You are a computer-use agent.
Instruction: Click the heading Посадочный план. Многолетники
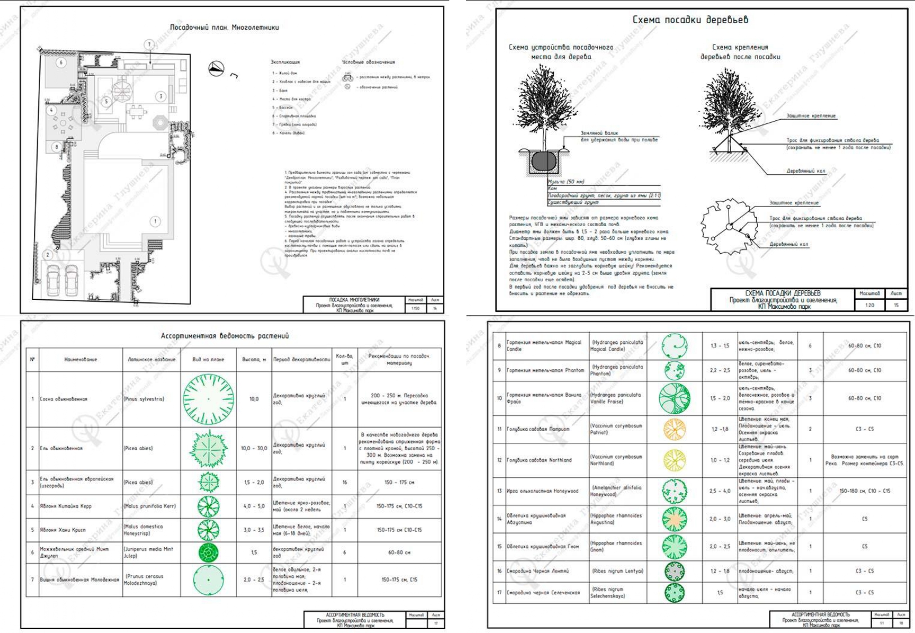[224, 27]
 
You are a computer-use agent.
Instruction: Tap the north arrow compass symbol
[217, 69]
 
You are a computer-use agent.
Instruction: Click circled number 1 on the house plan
[155, 222]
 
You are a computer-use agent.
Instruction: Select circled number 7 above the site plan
[149, 44]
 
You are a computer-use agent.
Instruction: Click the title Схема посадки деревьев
[690, 20]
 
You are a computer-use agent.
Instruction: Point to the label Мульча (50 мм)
[566, 182]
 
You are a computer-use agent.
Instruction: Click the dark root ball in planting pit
[543, 161]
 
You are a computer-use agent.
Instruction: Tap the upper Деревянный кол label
[805, 171]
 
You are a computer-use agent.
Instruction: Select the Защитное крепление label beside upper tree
[810, 116]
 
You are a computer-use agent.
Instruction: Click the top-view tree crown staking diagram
[728, 226]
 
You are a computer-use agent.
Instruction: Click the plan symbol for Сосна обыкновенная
[208, 399]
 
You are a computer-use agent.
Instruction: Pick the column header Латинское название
[151, 360]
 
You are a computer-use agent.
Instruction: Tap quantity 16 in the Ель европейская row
[345, 482]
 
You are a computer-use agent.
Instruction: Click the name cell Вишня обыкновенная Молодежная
[79, 580]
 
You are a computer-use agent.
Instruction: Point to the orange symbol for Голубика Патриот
[675, 429]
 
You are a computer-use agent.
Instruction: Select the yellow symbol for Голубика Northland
[675, 460]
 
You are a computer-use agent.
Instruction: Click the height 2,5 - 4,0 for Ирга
[720, 491]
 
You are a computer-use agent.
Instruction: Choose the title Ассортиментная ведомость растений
[225, 336]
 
